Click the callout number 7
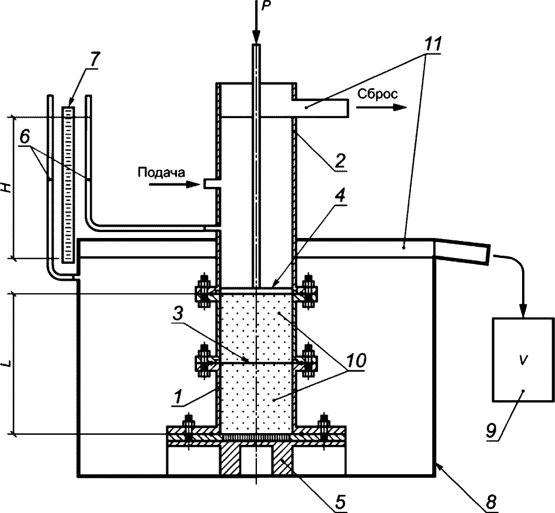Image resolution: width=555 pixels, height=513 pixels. (95, 59)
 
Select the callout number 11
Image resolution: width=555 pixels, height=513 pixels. (430, 43)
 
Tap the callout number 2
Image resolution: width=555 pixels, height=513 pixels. (339, 162)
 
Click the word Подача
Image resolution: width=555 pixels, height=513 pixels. (162, 173)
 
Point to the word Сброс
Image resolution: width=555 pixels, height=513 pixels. (377, 94)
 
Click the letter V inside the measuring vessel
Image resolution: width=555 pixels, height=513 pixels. (523, 360)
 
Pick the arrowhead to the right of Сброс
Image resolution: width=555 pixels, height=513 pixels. (400, 108)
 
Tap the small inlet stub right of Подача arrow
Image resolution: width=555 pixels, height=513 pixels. (212, 183)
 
